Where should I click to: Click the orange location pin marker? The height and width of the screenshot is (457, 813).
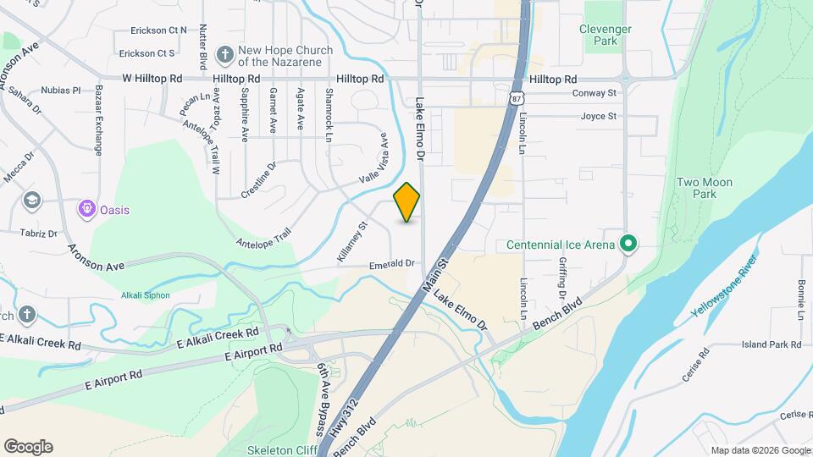coord(407,201)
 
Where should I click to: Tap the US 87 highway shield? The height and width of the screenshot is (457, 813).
coord(516,97)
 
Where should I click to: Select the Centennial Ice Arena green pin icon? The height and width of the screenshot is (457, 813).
coord(628,245)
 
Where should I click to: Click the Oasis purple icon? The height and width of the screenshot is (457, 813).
coord(86,209)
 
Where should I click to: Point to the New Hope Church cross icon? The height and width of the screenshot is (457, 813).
coord(225,55)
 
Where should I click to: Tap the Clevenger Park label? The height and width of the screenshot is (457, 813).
coord(605,35)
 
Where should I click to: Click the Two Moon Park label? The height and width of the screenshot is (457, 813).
coord(704,188)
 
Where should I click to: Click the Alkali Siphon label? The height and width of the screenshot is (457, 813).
coord(146,295)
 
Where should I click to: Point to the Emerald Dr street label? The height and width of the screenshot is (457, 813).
coord(391,264)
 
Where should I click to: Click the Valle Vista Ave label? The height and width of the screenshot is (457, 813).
coord(373,157)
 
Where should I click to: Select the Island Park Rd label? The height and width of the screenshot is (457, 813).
coord(771,344)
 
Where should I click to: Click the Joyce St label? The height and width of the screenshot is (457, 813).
coord(598,116)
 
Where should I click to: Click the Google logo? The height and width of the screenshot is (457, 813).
coord(28,447)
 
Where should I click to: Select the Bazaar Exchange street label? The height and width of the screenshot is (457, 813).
coord(99,119)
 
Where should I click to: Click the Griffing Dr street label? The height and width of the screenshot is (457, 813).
coord(561,279)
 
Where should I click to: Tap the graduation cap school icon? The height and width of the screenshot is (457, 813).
coord(32,201)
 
